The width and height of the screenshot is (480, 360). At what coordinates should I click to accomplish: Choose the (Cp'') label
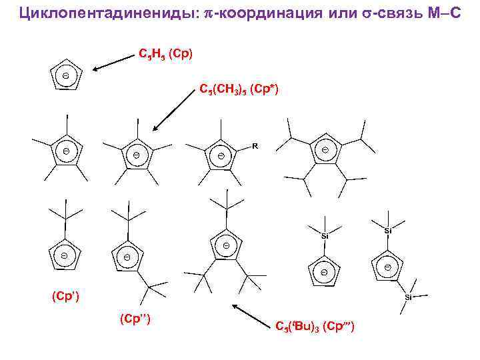click(x=135, y=319)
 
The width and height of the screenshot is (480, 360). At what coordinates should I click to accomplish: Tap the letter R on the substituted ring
click(x=255, y=145)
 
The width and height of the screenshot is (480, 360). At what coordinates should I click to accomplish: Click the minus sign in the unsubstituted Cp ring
click(x=66, y=76)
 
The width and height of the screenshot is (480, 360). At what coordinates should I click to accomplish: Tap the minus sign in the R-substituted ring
click(x=221, y=157)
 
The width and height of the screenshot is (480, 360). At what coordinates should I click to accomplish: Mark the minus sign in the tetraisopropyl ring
click(x=325, y=151)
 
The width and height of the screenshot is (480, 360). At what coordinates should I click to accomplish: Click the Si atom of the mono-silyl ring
click(x=325, y=235)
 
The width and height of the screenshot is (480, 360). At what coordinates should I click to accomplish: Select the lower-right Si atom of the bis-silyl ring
click(x=409, y=296)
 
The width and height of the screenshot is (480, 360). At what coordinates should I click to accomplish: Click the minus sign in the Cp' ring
click(x=65, y=255)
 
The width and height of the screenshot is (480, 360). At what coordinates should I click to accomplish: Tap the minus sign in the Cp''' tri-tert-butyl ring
click(x=226, y=247)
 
